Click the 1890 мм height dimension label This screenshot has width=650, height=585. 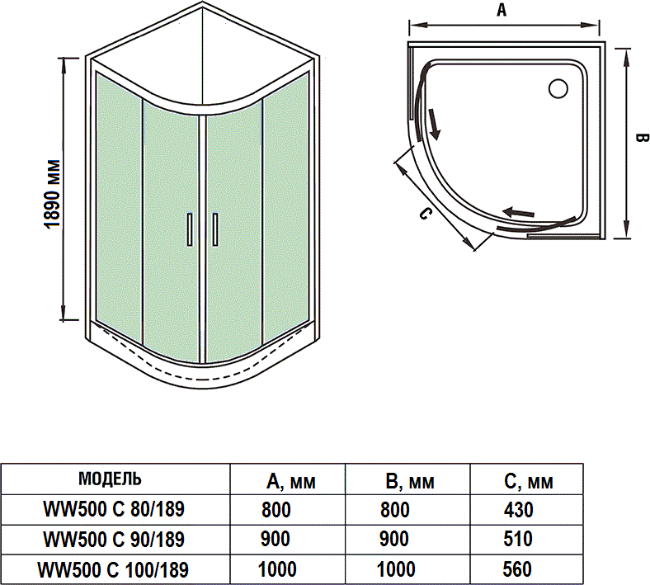(x=52, y=192)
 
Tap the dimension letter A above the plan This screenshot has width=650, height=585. (x=502, y=10)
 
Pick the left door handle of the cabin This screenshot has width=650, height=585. (x=190, y=229)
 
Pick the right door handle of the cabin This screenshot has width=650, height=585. (x=214, y=229)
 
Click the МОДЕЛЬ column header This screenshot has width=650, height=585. (x=110, y=479)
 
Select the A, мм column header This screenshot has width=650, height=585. (x=291, y=482)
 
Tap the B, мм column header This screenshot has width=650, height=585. (x=410, y=482)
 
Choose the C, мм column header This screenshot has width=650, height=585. (x=528, y=482)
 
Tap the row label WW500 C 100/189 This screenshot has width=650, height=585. (x=113, y=568)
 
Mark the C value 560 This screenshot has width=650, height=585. (x=519, y=568)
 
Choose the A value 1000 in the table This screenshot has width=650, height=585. (x=276, y=568)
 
